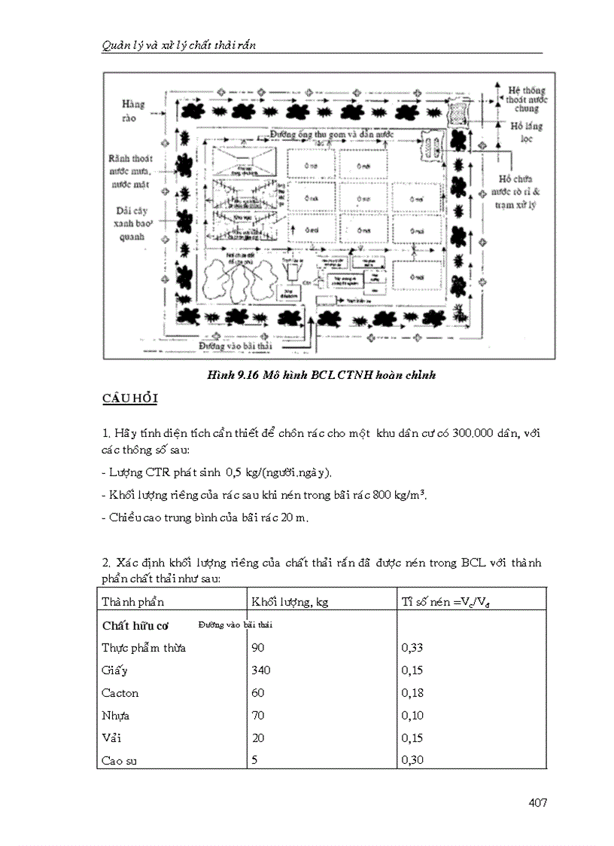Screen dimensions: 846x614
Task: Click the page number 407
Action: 537,802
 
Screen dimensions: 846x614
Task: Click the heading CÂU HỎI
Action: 129,399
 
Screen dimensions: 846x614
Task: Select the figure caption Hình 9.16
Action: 321,374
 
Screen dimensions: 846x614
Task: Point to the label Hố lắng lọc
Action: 526,133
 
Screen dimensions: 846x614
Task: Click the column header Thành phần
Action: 132,601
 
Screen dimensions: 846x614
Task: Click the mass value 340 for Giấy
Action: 261,670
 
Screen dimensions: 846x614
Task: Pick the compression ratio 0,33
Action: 413,647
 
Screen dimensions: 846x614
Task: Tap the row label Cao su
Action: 120,760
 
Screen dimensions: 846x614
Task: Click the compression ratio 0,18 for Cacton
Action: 413,692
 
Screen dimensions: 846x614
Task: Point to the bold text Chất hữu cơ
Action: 135,625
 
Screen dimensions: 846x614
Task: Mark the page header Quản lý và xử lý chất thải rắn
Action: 179,45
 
